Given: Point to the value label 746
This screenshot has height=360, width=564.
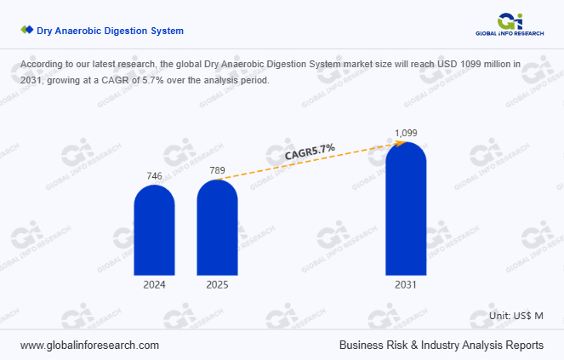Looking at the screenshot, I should [154, 176].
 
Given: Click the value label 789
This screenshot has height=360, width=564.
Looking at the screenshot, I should [217, 170].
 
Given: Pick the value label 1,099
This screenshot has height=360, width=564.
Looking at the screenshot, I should [406, 133].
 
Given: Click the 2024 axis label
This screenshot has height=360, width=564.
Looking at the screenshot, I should [154, 285].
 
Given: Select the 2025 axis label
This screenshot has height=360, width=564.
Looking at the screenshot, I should [217, 285].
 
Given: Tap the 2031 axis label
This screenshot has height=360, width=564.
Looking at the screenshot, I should [406, 285].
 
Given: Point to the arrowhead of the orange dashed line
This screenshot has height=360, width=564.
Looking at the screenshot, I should [400, 143].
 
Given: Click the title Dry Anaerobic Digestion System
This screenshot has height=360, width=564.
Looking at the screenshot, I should [110, 31].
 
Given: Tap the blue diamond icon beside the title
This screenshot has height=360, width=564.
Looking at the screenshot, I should [26, 31].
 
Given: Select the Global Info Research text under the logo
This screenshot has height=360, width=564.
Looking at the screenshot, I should [509, 33].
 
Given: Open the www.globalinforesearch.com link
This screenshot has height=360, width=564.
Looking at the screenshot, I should [89, 346].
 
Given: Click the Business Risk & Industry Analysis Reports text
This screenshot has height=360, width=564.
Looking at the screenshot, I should [441, 346].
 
